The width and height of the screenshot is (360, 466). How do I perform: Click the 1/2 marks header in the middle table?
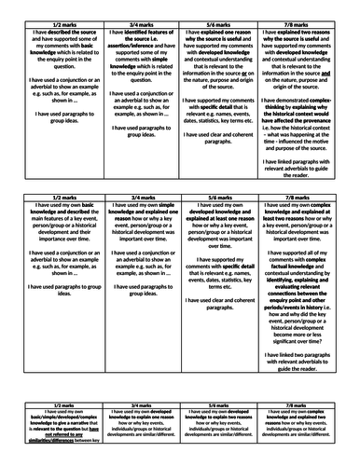coord(53,224)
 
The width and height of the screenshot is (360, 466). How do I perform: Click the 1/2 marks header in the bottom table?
coord(53,406)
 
